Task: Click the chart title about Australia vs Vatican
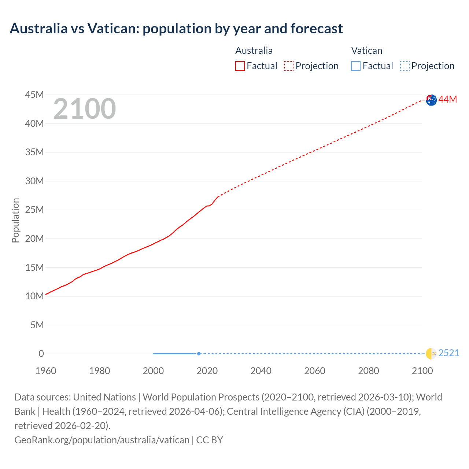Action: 176,29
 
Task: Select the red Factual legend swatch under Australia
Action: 240,66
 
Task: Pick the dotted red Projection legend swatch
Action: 289,66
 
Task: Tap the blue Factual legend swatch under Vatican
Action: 355,66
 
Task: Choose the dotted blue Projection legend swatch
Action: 405,66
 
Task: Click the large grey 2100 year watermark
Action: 85,109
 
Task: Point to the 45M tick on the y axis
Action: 34,95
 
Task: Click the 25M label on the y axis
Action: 34,210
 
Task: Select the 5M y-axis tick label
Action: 37,325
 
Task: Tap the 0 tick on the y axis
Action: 41,354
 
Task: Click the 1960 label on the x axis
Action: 46,371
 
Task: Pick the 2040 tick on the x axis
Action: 261,371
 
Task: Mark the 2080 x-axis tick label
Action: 369,371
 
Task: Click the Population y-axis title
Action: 15,220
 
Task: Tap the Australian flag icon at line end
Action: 431,100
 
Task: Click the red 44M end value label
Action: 448,99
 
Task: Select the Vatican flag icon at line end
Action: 431,354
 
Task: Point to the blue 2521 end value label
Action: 448,353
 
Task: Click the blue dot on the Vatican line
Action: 199,354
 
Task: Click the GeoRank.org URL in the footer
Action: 102,440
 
